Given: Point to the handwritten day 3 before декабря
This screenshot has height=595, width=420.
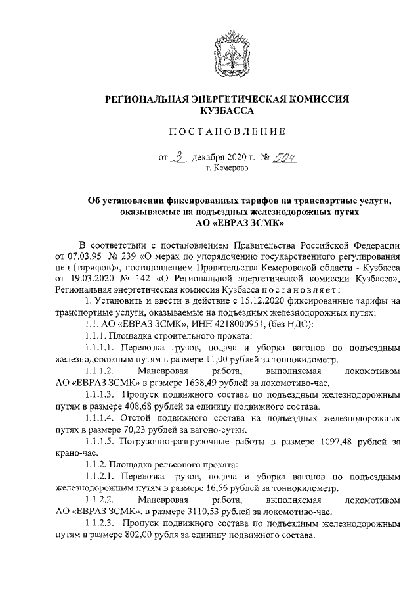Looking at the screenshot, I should (x=179, y=157).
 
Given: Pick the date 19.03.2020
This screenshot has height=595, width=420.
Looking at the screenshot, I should (x=89, y=279).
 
